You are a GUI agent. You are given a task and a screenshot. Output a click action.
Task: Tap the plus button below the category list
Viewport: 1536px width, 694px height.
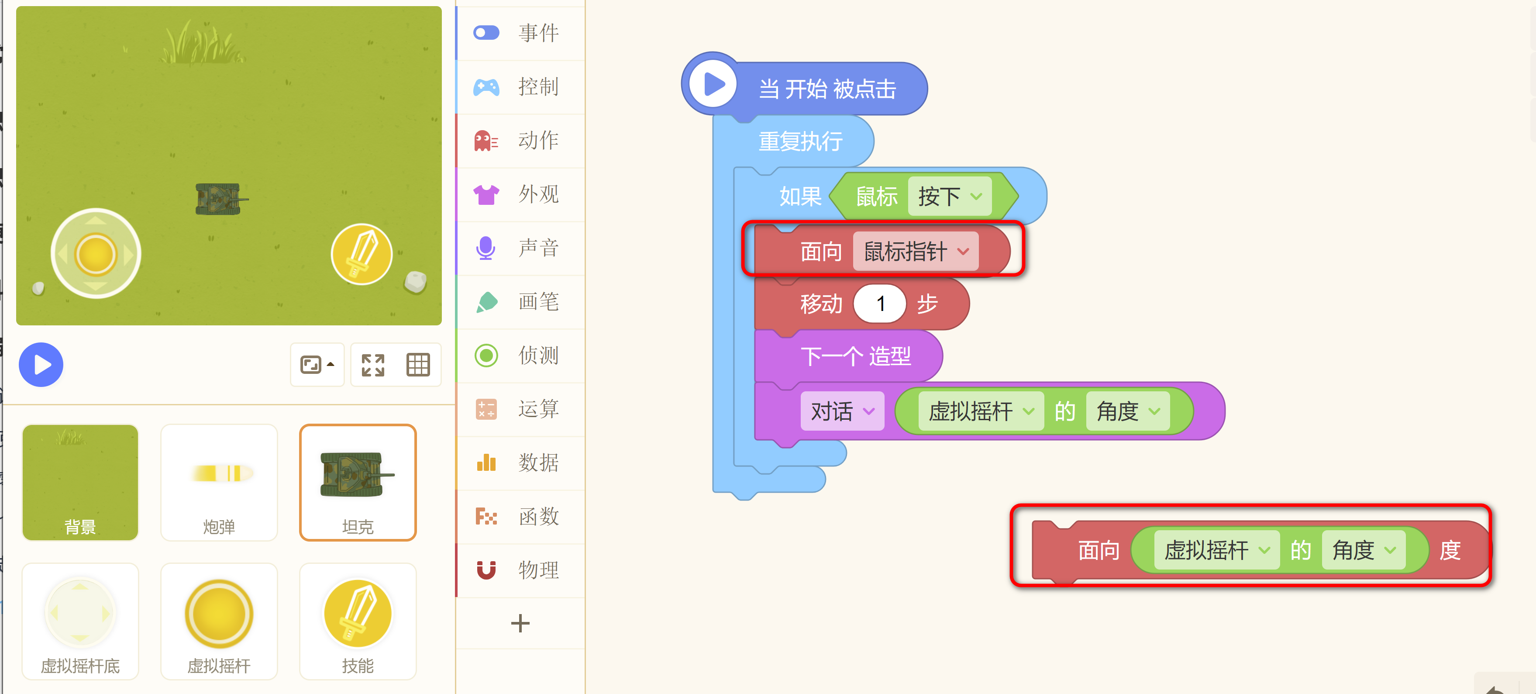click(520, 623)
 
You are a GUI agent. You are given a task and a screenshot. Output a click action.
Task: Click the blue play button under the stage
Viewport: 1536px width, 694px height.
click(41, 364)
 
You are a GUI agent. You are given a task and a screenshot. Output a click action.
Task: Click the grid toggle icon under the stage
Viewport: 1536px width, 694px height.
click(417, 364)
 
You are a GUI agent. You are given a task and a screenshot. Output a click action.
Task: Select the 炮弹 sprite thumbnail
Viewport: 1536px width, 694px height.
click(219, 482)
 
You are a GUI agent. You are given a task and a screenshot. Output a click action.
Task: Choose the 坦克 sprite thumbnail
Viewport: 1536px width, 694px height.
click(357, 482)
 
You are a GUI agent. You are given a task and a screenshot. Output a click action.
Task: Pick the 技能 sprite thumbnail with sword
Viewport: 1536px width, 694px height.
click(357, 621)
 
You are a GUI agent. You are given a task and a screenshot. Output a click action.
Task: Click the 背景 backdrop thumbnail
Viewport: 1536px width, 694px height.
click(80, 482)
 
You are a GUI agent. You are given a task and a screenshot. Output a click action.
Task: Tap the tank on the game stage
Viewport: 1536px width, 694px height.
click(219, 199)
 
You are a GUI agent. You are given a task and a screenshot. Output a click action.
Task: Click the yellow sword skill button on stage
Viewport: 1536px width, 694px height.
click(362, 255)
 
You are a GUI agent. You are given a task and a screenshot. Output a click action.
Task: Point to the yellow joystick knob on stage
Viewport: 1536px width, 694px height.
click(96, 254)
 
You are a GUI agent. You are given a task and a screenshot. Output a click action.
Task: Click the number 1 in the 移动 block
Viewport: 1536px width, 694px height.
click(879, 304)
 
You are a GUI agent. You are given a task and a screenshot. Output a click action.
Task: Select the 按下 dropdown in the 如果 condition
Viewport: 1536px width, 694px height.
click(949, 196)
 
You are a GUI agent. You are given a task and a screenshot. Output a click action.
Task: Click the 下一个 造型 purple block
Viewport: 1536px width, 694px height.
click(855, 356)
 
